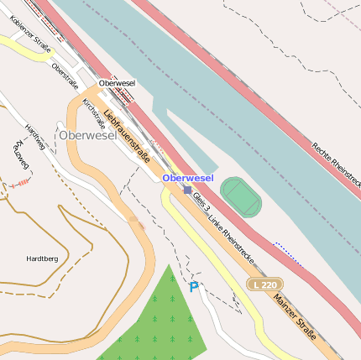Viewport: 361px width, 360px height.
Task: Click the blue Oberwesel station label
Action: pos(188,178)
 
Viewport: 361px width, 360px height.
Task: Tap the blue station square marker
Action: pos(187,190)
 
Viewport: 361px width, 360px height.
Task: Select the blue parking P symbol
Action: pos(194,287)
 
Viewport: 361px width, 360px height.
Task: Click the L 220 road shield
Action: pos(264,285)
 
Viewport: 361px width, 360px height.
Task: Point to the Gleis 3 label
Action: pos(201,201)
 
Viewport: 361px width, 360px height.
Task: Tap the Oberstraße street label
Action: pos(65,76)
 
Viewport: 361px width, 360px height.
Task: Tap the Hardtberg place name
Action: pos(42,259)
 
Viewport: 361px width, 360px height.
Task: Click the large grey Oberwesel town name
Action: pos(87,134)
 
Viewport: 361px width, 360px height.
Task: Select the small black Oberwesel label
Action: pos(117,83)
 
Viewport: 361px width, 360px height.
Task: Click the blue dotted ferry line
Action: pos(290,254)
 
